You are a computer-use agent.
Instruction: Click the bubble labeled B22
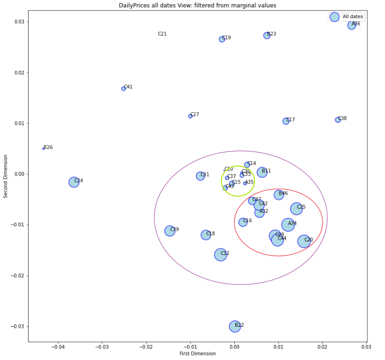pos(235,327)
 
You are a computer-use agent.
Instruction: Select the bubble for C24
pos(74,182)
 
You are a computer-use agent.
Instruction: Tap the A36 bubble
pos(352,25)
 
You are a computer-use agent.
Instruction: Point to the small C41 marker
pos(124,88)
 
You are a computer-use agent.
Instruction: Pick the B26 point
pos(44,149)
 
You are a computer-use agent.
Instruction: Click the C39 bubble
pos(170,230)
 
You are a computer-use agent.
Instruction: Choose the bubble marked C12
pos(221,254)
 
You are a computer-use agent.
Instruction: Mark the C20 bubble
pos(304,241)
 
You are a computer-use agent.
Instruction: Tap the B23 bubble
pos(267,35)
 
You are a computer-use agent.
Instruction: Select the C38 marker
pos(338,120)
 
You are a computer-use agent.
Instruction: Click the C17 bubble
pos(286,121)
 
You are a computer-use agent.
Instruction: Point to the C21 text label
pos(163,34)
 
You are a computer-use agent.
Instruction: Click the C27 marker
pos(190,116)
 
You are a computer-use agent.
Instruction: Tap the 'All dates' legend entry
pos(353,17)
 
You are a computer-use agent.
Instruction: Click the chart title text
pos(197,5)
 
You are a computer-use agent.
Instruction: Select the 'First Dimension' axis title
pos(197,354)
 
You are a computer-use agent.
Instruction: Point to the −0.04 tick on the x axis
pos(58,346)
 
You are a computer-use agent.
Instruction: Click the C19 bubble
pos(222,39)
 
